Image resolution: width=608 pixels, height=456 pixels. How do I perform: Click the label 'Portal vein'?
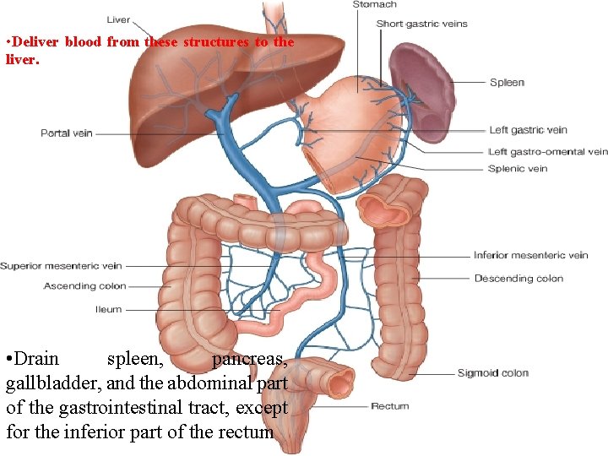click(x=67, y=133)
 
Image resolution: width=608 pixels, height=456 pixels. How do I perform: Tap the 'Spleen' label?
click(x=507, y=83)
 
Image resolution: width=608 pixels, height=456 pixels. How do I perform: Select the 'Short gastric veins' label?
click(x=421, y=24)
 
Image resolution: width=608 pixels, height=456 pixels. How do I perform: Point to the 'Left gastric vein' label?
click(x=528, y=130)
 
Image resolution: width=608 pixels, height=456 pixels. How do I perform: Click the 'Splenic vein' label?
click(x=518, y=169)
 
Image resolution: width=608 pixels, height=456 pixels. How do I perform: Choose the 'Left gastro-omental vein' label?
click(x=547, y=152)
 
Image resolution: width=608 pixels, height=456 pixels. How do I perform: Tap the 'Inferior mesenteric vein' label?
click(x=530, y=255)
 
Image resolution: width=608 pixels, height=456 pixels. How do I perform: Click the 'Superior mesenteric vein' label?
click(x=61, y=266)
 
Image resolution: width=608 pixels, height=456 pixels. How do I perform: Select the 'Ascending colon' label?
click(x=84, y=286)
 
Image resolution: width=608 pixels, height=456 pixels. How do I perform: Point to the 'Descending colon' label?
click(x=518, y=279)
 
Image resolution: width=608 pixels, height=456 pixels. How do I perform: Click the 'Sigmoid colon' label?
click(x=493, y=373)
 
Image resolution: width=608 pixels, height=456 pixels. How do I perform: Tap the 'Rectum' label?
click(x=389, y=406)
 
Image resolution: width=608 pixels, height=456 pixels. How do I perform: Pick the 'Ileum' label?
click(x=108, y=310)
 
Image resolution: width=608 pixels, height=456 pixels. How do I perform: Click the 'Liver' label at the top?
click(x=118, y=19)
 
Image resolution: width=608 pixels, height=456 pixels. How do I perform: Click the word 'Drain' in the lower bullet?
click(x=37, y=359)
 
